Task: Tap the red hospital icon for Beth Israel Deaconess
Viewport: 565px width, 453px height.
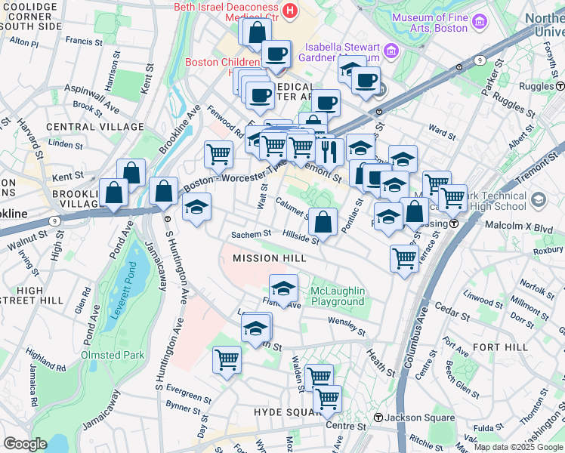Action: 293,13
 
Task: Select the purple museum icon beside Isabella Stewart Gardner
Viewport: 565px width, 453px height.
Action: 391,51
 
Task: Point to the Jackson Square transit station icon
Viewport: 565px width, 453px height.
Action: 377,418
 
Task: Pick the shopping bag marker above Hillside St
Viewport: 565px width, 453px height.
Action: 323,222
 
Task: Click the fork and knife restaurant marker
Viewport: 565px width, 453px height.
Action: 329,151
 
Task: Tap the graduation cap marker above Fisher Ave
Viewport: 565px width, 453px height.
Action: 283,288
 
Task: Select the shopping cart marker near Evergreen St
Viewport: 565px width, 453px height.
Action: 227,359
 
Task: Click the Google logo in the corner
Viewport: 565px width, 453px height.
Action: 25,444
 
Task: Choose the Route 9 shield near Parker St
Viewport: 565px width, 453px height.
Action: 478,60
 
